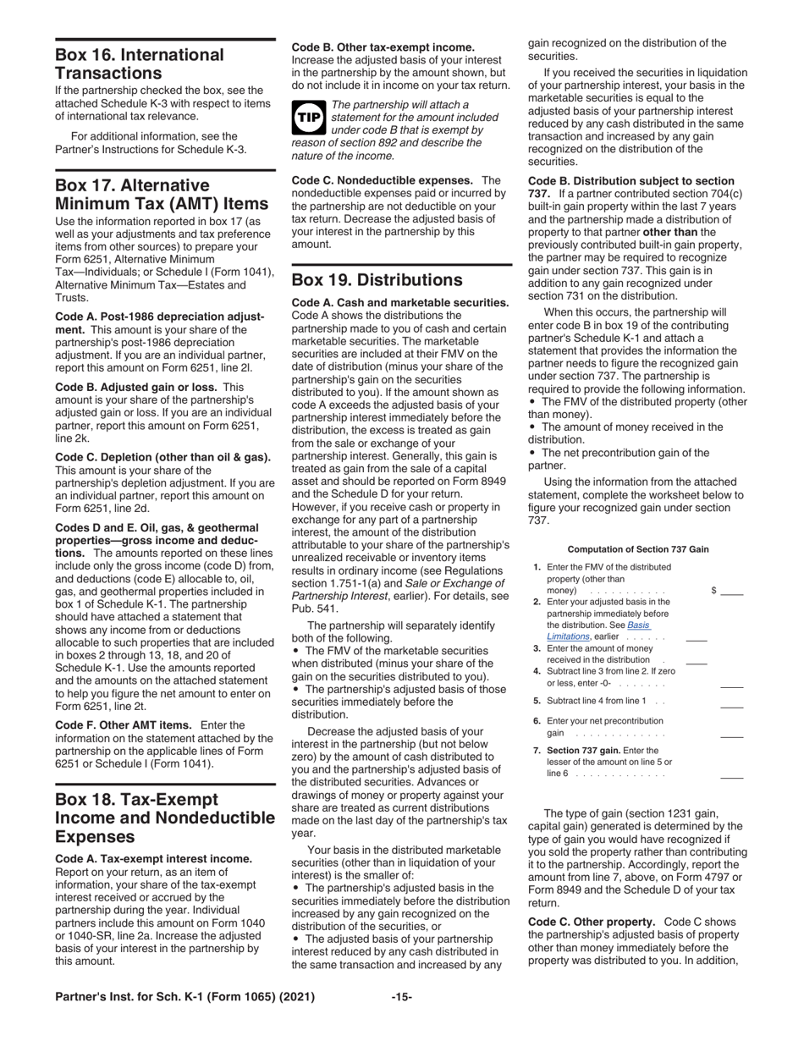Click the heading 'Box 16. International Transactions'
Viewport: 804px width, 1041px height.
point(140,64)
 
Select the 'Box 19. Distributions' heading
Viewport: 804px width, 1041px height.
point(377,280)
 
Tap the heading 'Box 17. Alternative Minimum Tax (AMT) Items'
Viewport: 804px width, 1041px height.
point(140,195)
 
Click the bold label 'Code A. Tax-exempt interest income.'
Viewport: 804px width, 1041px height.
point(153,859)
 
